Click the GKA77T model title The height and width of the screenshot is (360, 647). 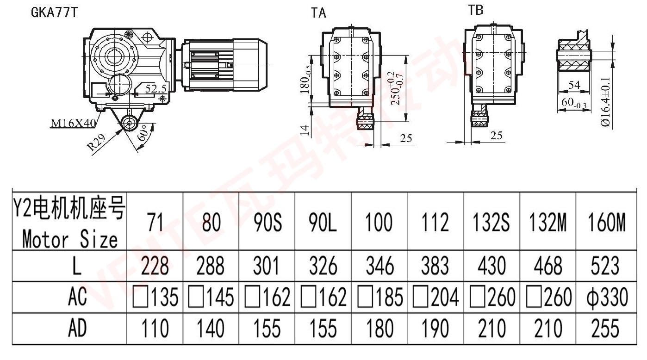pyautogui.click(x=54, y=12)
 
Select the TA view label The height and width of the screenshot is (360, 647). pyautogui.click(x=318, y=13)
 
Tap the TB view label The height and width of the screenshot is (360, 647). pyautogui.click(x=476, y=10)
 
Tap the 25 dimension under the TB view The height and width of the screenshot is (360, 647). pyautogui.click(x=496, y=135)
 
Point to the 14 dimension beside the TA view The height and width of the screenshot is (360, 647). pyautogui.click(x=305, y=130)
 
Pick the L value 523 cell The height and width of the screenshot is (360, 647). pyautogui.click(x=604, y=267)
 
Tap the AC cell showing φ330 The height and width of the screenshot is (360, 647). pyautogui.click(x=604, y=298)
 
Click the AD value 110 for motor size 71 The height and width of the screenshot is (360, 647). pyautogui.click(x=155, y=329)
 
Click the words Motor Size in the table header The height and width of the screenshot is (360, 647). pyautogui.click(x=69, y=240)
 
